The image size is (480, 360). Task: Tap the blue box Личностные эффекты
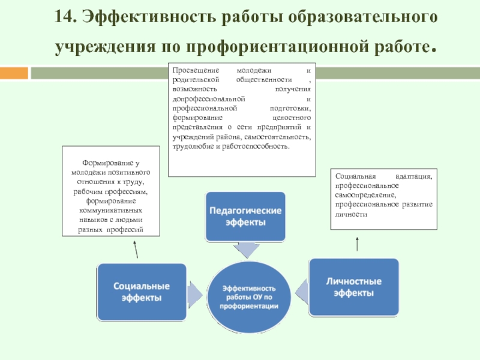click(354, 287)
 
